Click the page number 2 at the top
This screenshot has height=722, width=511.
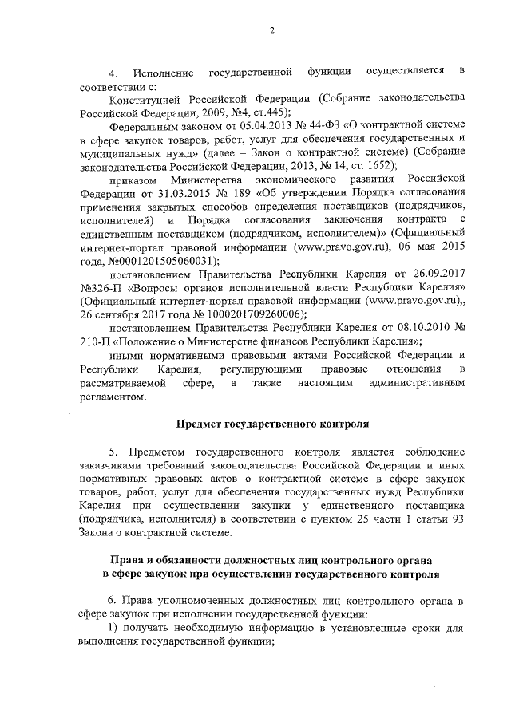click(x=271, y=30)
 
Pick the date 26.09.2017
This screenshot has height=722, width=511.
click(x=436, y=275)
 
